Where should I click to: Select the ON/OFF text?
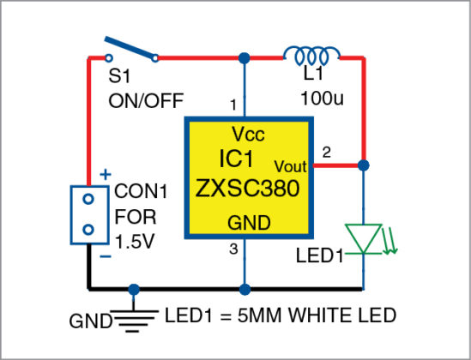(146, 100)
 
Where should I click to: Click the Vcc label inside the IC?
(247, 135)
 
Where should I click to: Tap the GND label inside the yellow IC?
(249, 223)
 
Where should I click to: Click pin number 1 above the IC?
(232, 105)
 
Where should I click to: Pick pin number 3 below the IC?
(232, 249)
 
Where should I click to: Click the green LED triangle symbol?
(365, 237)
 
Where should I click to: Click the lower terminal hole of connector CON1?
(87, 230)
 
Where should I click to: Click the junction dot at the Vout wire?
(365, 164)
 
